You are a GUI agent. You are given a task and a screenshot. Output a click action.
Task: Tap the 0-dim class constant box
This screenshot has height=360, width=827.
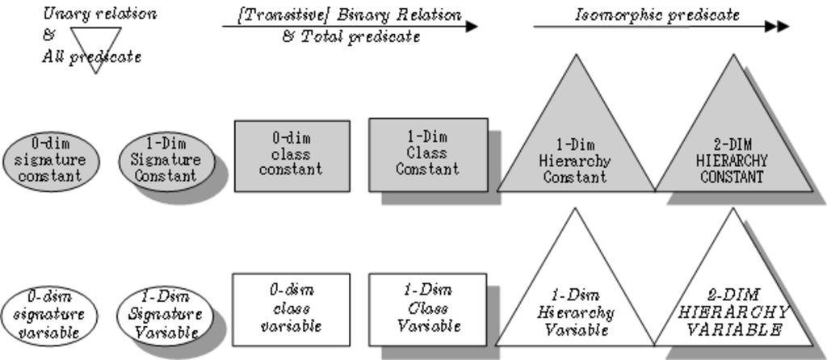(x=292, y=156)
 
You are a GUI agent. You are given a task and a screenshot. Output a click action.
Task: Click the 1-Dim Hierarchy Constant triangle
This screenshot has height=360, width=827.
(x=575, y=153)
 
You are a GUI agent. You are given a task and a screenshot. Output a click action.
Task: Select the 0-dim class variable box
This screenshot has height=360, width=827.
(x=292, y=308)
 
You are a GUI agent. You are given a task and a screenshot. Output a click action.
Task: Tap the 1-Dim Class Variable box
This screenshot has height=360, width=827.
(x=428, y=308)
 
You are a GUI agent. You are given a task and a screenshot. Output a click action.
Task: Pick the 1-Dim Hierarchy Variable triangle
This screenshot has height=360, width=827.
(x=575, y=307)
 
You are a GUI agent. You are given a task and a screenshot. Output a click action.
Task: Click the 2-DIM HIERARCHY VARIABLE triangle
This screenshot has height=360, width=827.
(x=733, y=307)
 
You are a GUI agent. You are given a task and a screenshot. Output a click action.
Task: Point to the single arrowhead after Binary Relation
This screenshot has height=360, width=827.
(x=472, y=27)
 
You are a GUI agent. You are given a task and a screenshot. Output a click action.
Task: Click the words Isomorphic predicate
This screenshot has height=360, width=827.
(x=657, y=14)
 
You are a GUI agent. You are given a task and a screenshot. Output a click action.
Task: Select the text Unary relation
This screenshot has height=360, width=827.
(x=99, y=13)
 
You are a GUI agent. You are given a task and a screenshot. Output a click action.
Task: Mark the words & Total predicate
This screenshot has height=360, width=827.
(x=351, y=36)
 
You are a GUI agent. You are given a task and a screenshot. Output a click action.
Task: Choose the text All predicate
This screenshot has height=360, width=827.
(x=91, y=57)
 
